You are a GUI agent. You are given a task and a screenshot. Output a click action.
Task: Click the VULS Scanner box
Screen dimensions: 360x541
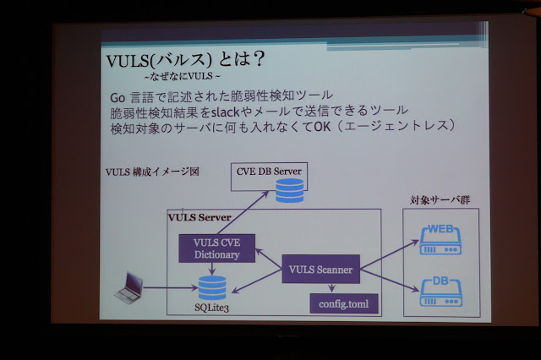[320, 270]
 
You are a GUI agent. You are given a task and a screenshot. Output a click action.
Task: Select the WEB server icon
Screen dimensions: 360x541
[440, 238]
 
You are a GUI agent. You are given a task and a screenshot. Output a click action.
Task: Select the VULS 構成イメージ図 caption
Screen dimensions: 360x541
[152, 172]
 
